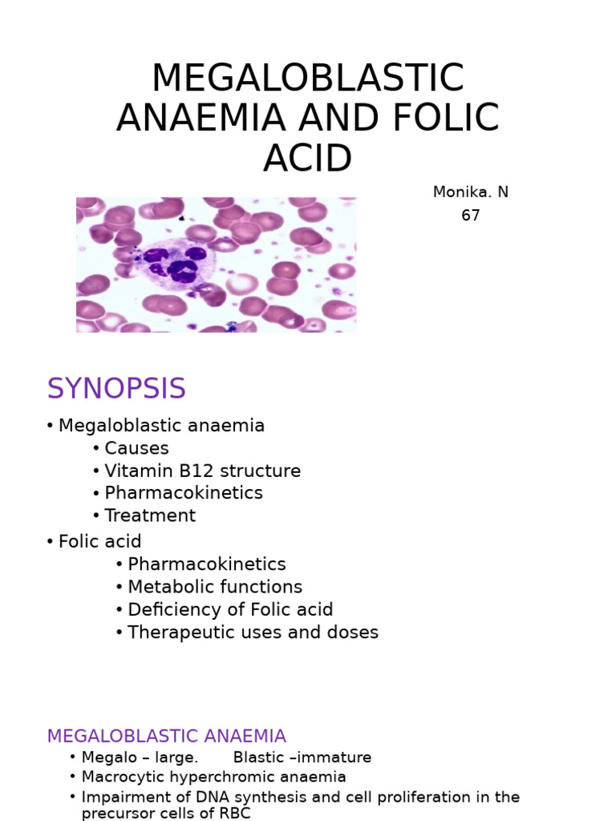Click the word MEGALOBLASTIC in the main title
point(307,79)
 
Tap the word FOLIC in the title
point(447,119)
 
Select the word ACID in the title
point(307,159)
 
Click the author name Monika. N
point(470,192)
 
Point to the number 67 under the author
point(470,216)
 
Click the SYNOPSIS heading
point(116,389)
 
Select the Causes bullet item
point(136,448)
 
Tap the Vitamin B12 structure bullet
point(202,471)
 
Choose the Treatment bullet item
point(150,516)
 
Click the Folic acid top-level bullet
point(99,542)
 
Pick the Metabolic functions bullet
point(215,587)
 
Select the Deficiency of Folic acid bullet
point(230,609)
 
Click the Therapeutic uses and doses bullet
point(253,632)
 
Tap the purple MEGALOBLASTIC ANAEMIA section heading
point(166,736)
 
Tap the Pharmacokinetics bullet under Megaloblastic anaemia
point(183,493)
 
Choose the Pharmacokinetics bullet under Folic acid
point(206,564)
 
